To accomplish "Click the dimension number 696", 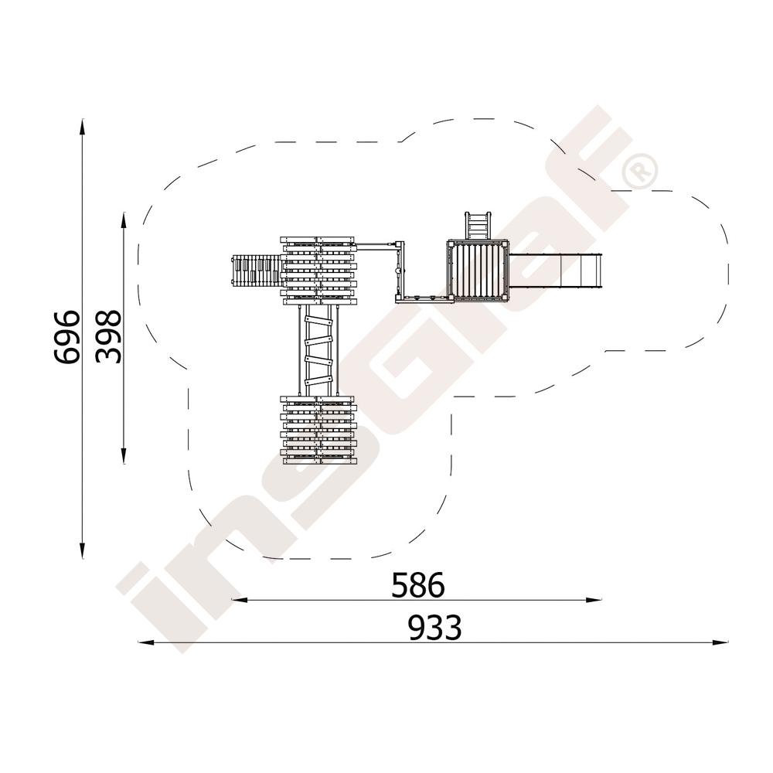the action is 67,338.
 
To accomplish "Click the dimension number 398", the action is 108,337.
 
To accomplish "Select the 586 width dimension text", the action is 418,585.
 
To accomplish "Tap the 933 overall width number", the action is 434,628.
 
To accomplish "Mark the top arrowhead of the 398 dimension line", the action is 124,220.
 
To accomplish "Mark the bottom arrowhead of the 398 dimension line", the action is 124,456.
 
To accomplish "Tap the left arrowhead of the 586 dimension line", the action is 239,600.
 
